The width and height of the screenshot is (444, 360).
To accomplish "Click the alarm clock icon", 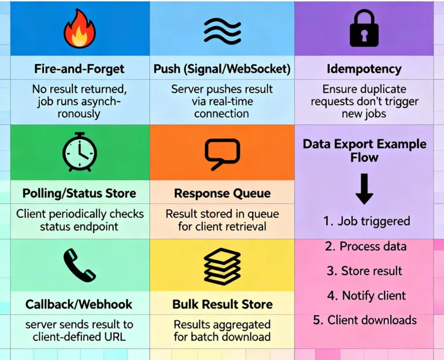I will [79, 153].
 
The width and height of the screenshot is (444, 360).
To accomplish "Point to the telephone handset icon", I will [79, 265].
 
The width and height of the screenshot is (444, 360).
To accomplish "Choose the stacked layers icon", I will [222, 266].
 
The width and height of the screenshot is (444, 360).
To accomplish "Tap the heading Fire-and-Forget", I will [79, 69].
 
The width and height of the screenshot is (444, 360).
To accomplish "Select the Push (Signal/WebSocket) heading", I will [222, 69].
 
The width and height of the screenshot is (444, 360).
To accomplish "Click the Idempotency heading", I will [364, 69].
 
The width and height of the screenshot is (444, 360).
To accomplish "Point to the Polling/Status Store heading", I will [79, 193].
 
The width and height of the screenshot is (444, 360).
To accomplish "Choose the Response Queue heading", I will [222, 193].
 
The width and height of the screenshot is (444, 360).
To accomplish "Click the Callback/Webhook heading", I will [79, 304].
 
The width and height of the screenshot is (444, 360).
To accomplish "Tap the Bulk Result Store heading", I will [222, 304].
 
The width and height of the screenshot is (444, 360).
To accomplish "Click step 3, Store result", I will [364, 271].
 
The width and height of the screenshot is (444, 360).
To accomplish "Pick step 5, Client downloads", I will [364, 320].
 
